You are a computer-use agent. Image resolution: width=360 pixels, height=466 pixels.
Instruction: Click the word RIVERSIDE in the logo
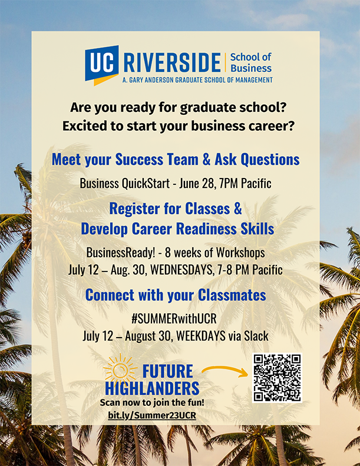tap(172, 62)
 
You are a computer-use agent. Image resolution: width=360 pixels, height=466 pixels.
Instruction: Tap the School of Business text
tap(251, 62)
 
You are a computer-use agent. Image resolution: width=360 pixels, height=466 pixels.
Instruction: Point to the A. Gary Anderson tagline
tap(197, 80)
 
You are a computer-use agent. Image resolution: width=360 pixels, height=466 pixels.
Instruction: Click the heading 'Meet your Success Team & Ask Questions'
tap(176, 160)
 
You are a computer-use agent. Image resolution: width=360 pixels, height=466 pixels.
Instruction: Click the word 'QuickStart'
tap(146, 184)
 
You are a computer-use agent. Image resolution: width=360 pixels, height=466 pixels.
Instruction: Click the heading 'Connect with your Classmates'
tap(176, 295)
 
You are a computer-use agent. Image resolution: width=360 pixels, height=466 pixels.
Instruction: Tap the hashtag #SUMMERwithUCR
tap(174, 319)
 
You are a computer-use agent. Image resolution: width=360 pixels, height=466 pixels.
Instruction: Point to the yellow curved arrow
tap(224, 371)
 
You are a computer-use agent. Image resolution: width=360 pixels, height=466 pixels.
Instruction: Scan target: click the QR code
tap(277, 378)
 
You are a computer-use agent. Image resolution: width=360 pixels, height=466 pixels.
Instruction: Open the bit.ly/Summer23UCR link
tap(152, 415)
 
